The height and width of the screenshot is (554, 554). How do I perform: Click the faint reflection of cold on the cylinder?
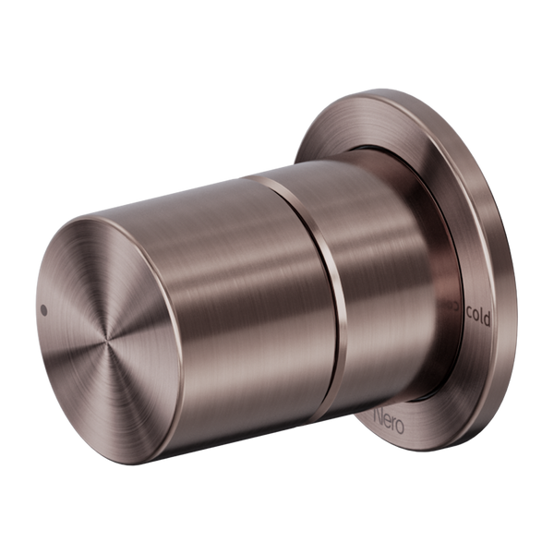pos(451,317)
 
